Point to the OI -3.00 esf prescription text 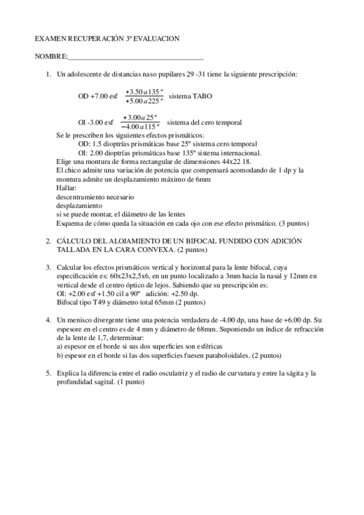tap(96, 122)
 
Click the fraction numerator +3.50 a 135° tap(144, 92)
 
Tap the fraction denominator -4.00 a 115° tap(140, 126)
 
